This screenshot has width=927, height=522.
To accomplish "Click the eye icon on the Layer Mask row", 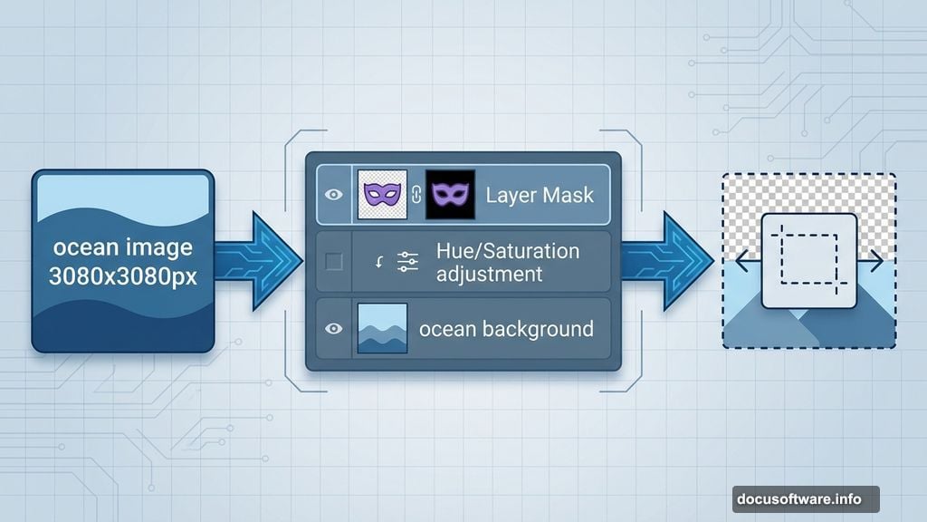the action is [334, 194].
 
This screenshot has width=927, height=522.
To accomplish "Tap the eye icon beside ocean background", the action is [334, 328].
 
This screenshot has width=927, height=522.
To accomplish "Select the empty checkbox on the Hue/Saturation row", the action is [334, 262].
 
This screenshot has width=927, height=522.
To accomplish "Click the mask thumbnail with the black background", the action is [450, 194].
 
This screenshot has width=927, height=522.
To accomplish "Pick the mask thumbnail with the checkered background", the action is [383, 194].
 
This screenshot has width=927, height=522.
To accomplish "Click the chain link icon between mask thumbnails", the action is [417, 194].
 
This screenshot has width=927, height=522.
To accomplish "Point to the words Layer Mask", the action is [540, 194].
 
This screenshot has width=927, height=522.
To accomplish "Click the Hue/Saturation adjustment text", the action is [506, 261].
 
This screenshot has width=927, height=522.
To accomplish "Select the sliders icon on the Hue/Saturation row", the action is [407, 262].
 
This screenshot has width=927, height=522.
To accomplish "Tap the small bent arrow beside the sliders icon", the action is [381, 263].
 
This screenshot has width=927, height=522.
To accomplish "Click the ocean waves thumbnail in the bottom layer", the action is [383, 328].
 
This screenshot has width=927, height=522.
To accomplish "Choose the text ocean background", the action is [506, 328].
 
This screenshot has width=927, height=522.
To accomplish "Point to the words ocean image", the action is [123, 247].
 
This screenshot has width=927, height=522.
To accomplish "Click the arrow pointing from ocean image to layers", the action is [259, 261].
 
